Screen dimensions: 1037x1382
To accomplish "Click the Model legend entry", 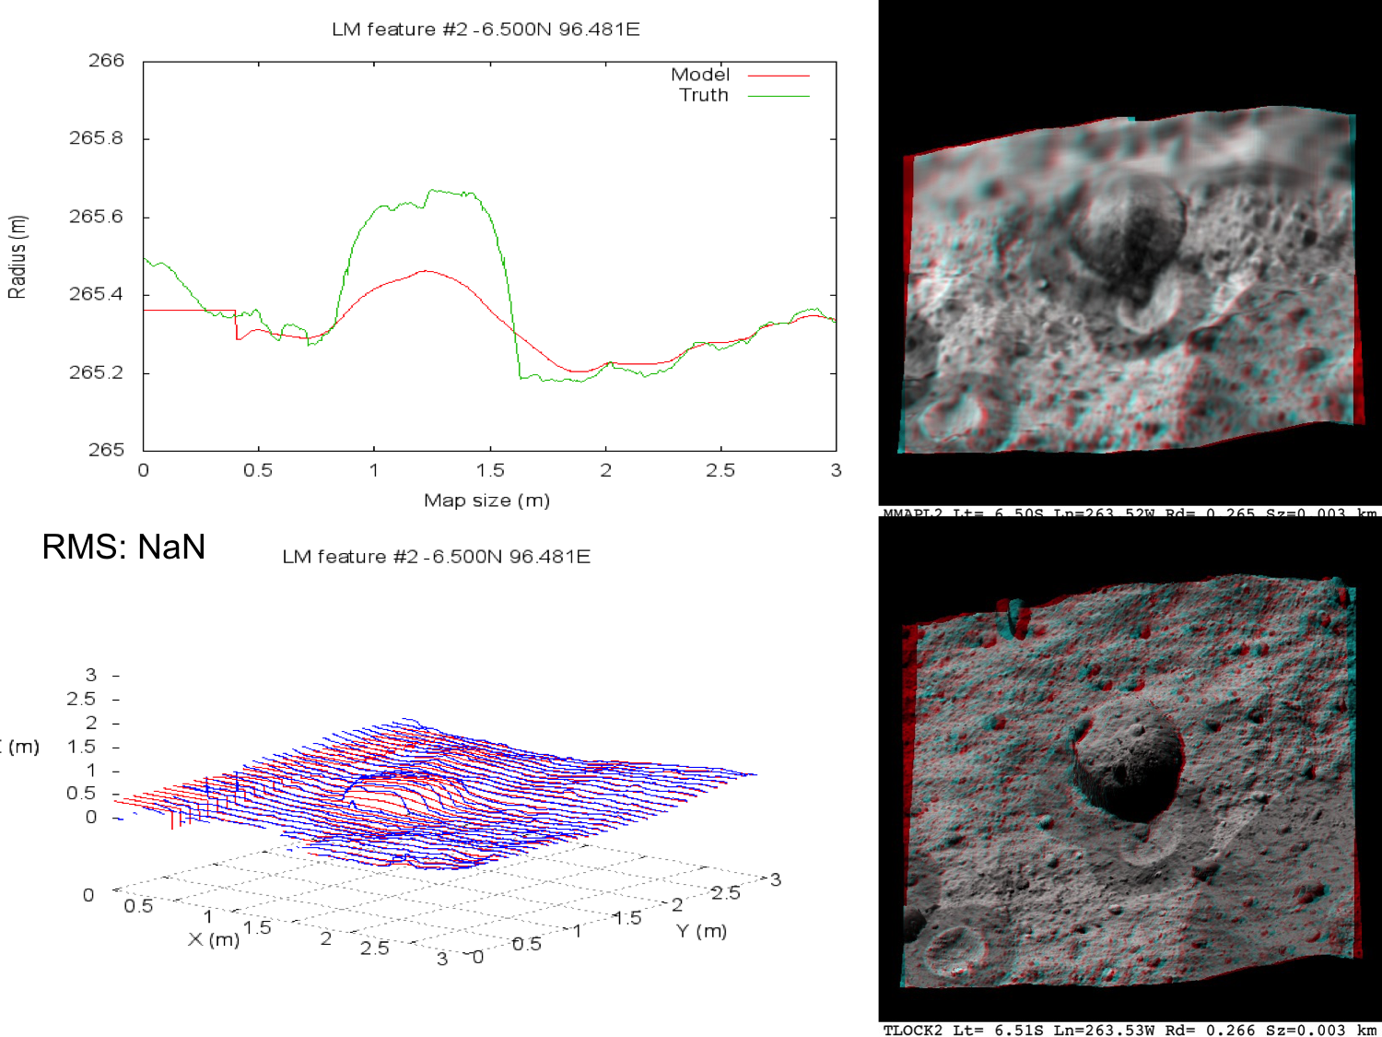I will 700,75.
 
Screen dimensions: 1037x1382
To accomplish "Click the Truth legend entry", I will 704,95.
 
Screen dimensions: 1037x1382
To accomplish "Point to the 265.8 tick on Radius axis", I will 96,138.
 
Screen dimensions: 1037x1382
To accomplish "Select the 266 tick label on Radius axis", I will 106,61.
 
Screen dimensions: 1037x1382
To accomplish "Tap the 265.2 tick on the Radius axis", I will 96,372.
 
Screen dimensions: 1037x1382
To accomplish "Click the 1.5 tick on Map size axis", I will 490,470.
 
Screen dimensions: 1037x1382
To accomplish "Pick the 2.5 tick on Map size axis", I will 720,470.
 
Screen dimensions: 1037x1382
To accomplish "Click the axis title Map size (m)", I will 486,501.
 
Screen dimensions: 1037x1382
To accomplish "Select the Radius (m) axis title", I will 18,256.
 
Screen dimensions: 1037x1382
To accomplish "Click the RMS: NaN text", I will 123,547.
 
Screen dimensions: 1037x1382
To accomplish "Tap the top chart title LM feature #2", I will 486,29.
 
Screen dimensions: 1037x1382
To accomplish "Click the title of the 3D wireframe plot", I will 436,557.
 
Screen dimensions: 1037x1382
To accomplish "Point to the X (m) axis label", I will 214,939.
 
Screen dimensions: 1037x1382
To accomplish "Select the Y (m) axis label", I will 701,931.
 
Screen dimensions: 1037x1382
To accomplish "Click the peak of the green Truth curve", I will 431,190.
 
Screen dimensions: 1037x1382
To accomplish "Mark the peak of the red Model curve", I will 425,271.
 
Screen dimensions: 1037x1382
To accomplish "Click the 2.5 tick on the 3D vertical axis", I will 81,699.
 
